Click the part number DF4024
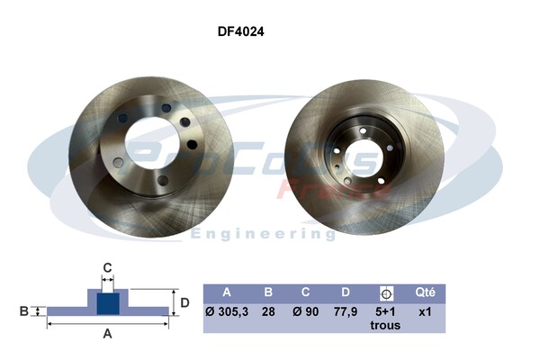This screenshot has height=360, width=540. pyautogui.click(x=240, y=30)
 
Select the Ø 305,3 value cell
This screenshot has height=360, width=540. pyautogui.click(x=228, y=312)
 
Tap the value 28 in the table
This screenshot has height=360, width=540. pyautogui.click(x=267, y=312)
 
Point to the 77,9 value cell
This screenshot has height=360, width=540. pyautogui.click(x=345, y=312)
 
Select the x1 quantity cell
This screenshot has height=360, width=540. pyautogui.click(x=425, y=312)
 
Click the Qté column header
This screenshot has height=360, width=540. pyautogui.click(x=425, y=292)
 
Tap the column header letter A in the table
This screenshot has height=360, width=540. pyautogui.click(x=228, y=292)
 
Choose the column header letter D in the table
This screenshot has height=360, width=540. pyautogui.click(x=345, y=292)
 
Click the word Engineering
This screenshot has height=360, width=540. pyautogui.click(x=263, y=234)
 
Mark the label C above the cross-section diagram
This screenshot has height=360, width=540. pyautogui.click(x=107, y=267)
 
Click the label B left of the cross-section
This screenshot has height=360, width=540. pyautogui.click(x=24, y=311)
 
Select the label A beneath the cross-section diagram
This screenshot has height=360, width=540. pyautogui.click(x=108, y=334)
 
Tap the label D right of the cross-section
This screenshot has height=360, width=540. pyautogui.click(x=184, y=302)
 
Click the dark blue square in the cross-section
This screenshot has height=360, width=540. pyautogui.click(x=107, y=302)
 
